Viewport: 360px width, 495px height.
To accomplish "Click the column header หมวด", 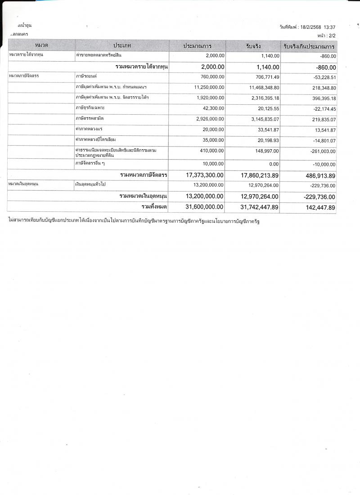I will tap(41, 46).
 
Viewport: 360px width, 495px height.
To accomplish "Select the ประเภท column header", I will tap(122, 46).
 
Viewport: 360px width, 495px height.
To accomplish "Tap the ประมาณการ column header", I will tap(198, 46).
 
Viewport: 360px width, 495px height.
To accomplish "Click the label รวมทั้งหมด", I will tap(154, 207).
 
